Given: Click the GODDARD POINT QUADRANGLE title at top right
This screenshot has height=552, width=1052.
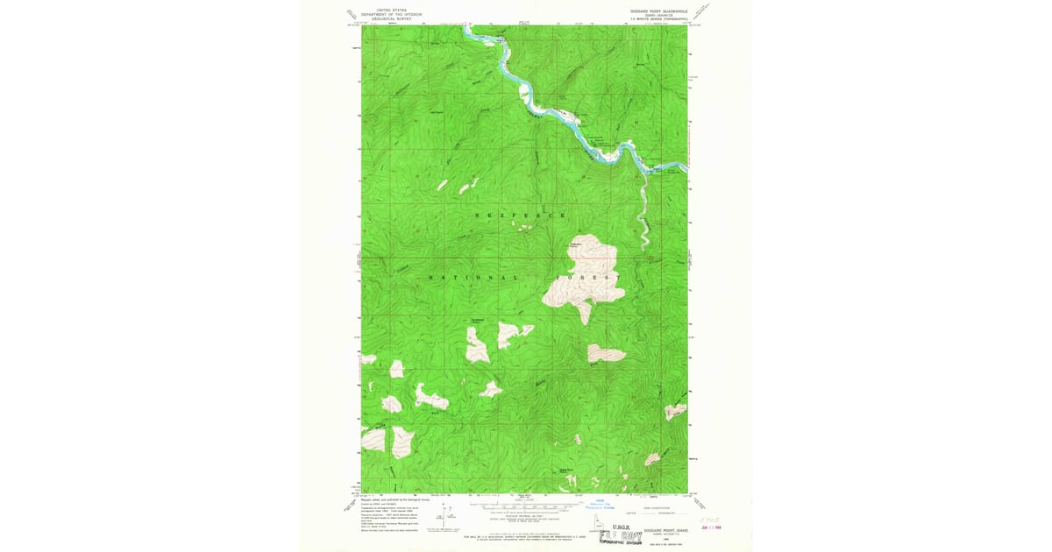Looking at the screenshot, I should click(659, 11).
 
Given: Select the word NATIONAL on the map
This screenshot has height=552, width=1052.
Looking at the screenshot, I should click(466, 277).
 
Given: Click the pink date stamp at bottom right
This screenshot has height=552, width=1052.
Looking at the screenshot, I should click(708, 527).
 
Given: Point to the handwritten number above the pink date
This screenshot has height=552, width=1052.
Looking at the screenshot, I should click(708, 518).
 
